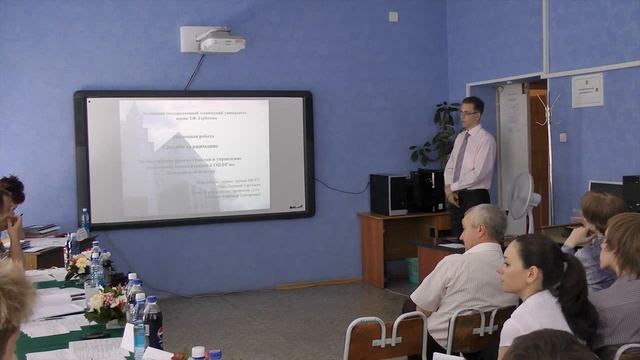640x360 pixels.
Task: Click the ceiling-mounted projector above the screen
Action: (x=221, y=41)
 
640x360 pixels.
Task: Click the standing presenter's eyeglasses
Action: (x=468, y=113)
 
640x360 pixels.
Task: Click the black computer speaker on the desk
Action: (x=388, y=194)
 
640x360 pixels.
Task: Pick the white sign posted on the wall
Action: (x=587, y=91)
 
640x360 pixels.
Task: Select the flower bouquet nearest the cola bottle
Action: (x=105, y=303)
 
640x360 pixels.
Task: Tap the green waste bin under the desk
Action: (x=413, y=270)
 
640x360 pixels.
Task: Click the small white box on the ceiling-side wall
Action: (x=393, y=16)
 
